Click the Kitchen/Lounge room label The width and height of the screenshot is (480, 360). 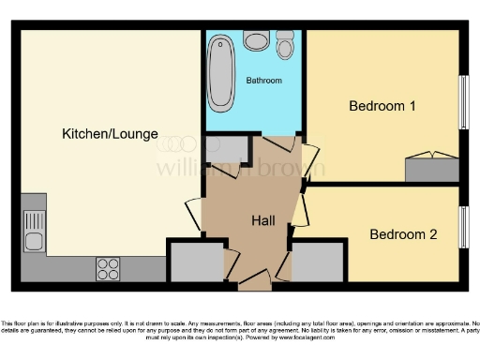[x=110, y=134]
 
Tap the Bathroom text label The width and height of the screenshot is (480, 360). [x=263, y=81]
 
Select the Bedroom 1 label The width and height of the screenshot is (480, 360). [x=382, y=106]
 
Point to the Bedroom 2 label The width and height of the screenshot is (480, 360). [x=402, y=234]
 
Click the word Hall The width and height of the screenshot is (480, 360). [x=262, y=220]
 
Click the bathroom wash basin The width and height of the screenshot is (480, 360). [x=255, y=40]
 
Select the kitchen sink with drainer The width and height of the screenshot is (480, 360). [x=34, y=226]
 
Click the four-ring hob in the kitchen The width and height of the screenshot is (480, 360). [x=108, y=269]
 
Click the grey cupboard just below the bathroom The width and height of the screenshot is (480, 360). [x=224, y=150]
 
